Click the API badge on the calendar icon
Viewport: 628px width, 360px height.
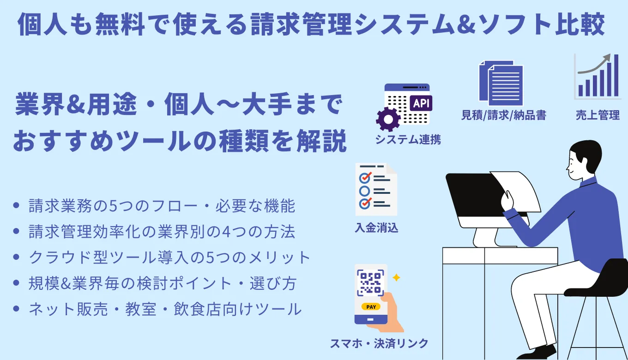point(420,103)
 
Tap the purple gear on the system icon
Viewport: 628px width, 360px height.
point(388,120)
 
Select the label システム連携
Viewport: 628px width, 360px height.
point(408,139)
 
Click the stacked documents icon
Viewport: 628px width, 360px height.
point(501,83)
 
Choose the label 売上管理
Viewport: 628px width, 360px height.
point(598,115)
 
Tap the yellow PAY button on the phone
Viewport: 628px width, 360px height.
point(371,306)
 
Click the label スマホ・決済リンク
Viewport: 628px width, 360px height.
point(379,343)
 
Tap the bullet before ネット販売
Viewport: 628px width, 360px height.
point(17,309)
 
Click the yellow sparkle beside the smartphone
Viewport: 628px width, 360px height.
point(396,278)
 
